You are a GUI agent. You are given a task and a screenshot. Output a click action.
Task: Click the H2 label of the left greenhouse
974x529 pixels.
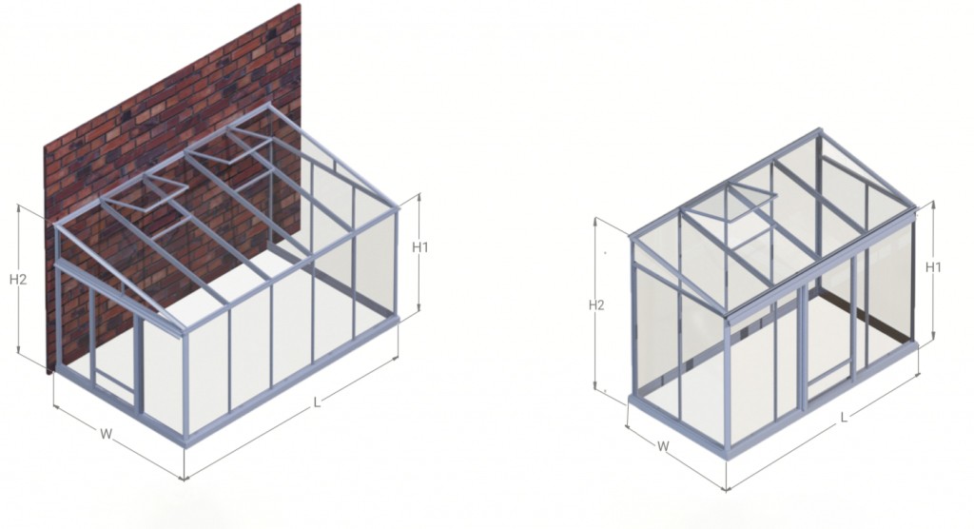pyautogui.click(x=18, y=280)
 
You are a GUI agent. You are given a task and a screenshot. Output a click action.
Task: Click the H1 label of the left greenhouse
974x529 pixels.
pyautogui.click(x=420, y=247)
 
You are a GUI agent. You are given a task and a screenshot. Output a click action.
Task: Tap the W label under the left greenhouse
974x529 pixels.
pyautogui.click(x=107, y=434)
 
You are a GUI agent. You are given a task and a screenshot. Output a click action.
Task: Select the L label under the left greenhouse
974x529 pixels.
pyautogui.click(x=317, y=402)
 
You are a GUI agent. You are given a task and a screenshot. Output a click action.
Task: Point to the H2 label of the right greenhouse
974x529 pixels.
pyautogui.click(x=596, y=305)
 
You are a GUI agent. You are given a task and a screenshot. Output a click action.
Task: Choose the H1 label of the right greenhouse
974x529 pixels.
pyautogui.click(x=934, y=267)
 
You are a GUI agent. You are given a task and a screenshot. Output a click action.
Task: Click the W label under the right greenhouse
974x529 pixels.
pyautogui.click(x=663, y=446)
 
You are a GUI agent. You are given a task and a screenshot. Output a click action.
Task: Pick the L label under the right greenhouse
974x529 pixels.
pyautogui.click(x=844, y=417)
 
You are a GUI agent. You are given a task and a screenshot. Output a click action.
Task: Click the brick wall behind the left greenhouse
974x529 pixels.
pyautogui.click(x=186, y=100)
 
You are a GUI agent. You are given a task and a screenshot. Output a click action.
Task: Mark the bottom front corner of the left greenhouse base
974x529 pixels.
pyautogui.click(x=185, y=445)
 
